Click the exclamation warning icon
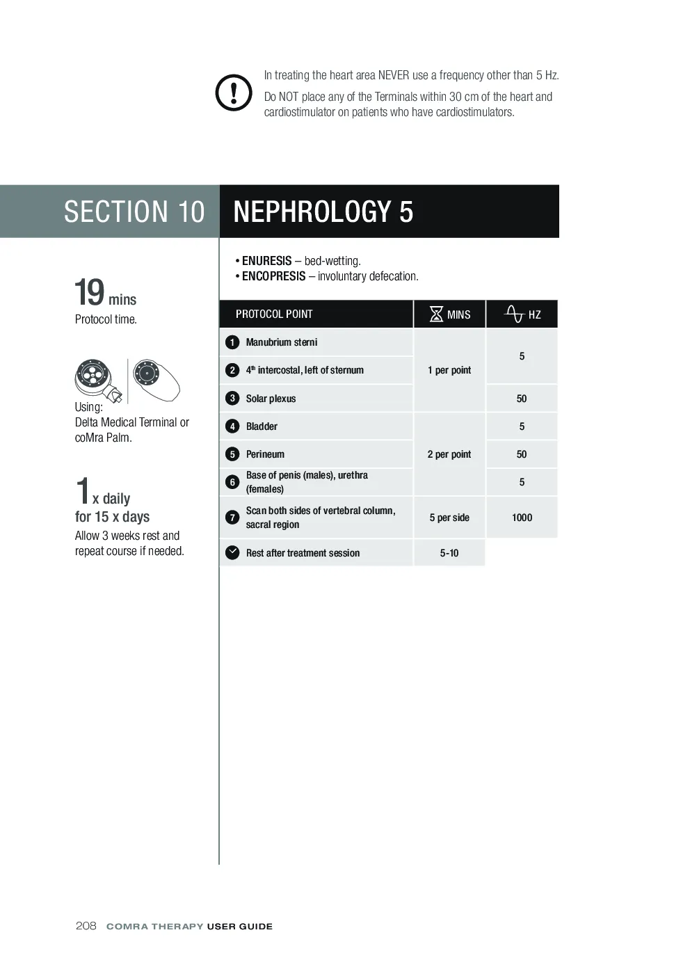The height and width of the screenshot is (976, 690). pos(234,93)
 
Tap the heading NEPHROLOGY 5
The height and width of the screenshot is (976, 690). pos(323,211)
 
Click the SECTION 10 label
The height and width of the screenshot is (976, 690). pos(134,211)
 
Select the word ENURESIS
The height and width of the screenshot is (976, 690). pos(266,261)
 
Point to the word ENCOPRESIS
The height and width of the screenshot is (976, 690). pos(273,276)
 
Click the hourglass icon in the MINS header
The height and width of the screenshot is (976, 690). pos(436,314)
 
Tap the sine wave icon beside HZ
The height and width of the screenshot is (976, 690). pos(514,314)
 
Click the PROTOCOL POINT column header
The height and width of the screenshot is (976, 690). pos(274,314)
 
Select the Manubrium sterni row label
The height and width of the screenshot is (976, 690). pos(282,342)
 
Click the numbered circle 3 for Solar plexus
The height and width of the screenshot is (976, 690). pos(232,398)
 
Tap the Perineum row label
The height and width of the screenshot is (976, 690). pos(265,454)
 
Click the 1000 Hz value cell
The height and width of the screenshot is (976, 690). pos(522,517)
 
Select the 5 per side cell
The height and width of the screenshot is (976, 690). pos(449,517)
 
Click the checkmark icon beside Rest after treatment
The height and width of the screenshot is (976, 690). pos(232,552)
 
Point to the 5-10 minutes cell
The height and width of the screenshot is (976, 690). pos(449,552)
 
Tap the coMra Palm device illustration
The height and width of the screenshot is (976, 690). pos(157,380)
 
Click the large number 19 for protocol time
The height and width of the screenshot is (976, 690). pos(89,292)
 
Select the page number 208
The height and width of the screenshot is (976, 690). pos(86,927)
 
